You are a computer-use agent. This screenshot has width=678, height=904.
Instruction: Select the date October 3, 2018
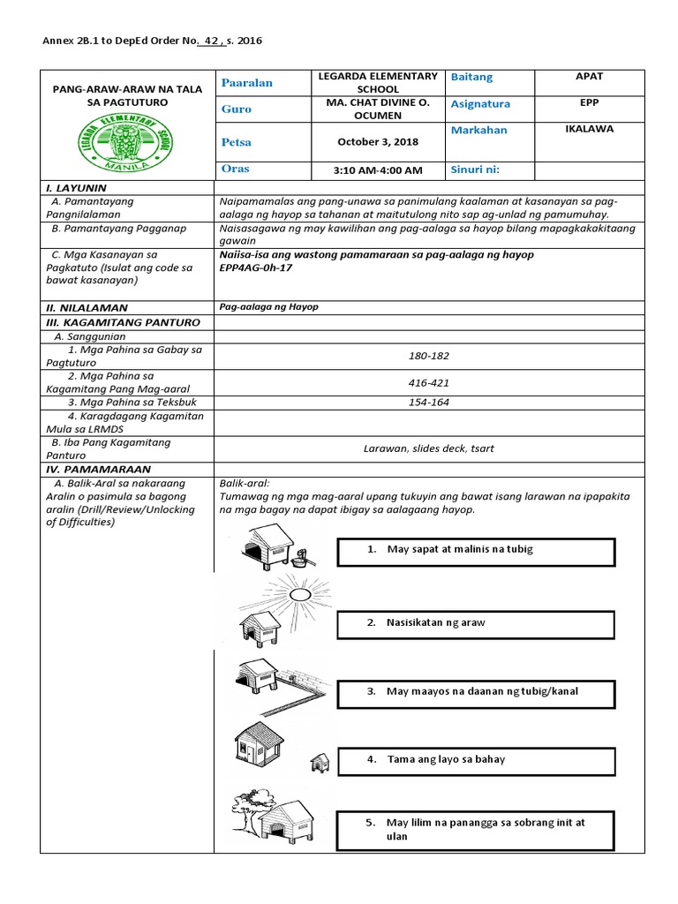(378, 141)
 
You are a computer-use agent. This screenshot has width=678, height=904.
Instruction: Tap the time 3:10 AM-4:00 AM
(378, 169)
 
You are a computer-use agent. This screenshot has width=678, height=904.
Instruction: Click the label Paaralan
(247, 82)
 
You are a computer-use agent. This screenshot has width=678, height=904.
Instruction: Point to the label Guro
(237, 109)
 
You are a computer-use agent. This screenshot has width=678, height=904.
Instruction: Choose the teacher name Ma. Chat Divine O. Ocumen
(378, 109)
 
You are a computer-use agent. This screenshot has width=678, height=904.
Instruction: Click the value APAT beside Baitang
(589, 77)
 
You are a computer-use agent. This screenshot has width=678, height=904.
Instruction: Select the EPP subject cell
(589, 102)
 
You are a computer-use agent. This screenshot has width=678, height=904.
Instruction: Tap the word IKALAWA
(589, 129)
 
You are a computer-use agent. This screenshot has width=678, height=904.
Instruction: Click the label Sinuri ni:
(481, 169)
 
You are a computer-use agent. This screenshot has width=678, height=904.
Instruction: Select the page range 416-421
(429, 383)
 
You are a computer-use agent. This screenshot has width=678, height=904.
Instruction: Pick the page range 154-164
(429, 403)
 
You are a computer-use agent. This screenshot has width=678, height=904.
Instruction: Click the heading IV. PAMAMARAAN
(98, 470)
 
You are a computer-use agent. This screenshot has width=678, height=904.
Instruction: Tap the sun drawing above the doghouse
(297, 594)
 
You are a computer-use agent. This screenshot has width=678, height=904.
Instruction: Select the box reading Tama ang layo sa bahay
(475, 759)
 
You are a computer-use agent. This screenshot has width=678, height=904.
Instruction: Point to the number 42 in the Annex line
(208, 41)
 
